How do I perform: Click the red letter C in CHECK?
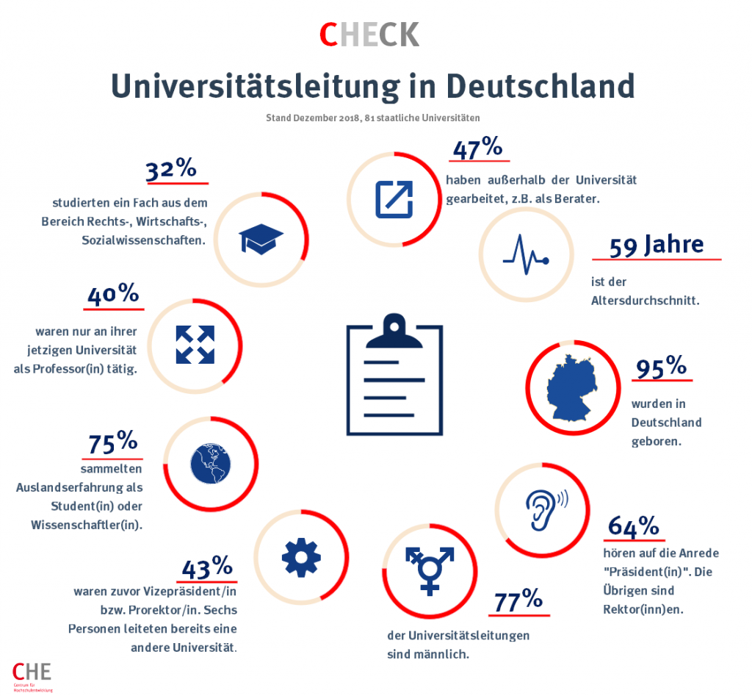pos(328,35)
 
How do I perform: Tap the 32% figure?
pos(171,170)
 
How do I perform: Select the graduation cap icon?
pos(261,238)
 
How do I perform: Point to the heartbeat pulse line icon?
pos(525,254)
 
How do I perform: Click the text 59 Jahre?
pos(657,245)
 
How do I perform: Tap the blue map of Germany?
pos(574,387)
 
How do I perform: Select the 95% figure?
pos(661,367)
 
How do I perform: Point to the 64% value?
pos(633,526)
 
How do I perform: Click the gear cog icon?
pos(301,557)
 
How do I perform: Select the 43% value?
pos(207,567)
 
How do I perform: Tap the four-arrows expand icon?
pos(195,344)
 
